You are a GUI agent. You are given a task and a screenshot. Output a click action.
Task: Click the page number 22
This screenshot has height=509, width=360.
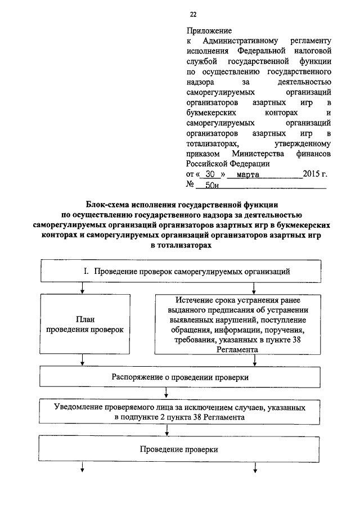[x=193, y=14]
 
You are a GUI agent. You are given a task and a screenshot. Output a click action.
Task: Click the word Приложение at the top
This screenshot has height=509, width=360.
[x=209, y=31]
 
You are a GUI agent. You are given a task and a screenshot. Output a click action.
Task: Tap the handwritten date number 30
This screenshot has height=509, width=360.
[x=210, y=174]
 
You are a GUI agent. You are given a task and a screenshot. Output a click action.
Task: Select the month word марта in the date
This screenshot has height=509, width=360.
[x=248, y=175]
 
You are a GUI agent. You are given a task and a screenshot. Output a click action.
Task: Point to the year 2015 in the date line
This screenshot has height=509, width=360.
[x=312, y=174]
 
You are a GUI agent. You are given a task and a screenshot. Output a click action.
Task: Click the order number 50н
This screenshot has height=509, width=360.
[x=212, y=186]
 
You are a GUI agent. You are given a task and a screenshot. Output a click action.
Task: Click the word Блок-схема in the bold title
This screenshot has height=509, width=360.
[x=106, y=205]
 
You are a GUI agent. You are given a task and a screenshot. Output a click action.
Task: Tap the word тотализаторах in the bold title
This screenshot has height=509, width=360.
[x=184, y=245]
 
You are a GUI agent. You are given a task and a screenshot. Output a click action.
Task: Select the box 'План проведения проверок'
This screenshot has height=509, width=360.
[x=85, y=324]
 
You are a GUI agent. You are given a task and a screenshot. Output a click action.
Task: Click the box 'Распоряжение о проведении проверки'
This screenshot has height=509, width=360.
[x=180, y=377]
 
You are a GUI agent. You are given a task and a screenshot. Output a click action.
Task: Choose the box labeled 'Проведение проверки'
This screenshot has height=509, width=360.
[x=179, y=449]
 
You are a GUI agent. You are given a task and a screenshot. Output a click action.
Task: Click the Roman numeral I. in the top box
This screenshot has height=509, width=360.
[x=86, y=271]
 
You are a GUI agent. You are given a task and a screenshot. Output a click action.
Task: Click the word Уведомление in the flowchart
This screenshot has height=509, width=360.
[x=78, y=407]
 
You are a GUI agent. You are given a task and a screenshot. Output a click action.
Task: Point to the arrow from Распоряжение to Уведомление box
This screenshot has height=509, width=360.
[x=166, y=393]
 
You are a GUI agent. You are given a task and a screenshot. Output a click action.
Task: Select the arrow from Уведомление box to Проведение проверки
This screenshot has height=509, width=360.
[x=167, y=430]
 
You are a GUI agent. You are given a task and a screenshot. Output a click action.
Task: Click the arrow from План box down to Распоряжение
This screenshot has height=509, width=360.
[x=83, y=360]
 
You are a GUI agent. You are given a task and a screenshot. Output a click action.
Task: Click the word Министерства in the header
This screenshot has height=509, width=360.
[x=258, y=154]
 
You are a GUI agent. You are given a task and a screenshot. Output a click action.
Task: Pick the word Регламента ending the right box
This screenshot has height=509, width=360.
[x=237, y=350]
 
